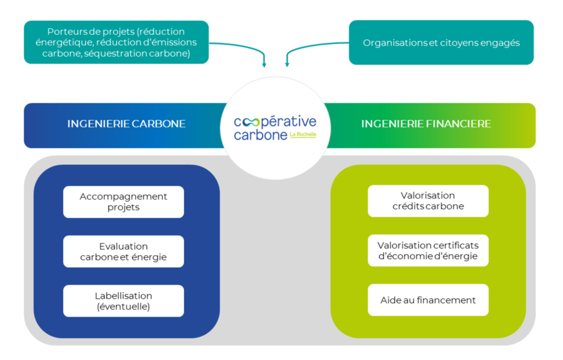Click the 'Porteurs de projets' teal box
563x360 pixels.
click(116, 42)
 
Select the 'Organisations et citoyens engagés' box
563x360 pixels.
click(441, 42)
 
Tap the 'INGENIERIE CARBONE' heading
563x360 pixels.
click(126, 124)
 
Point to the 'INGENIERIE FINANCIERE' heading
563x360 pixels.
click(426, 124)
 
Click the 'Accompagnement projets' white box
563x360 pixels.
click(123, 202)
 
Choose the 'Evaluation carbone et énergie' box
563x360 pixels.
click(123, 251)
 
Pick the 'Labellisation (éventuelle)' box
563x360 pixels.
click(123, 301)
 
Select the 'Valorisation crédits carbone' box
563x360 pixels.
click(428, 201)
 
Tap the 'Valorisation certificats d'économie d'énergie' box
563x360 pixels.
click(428, 251)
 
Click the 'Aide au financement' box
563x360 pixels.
click(428, 300)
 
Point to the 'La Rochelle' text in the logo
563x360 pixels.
click(302, 134)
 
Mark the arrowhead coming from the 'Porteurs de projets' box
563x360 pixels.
click(264, 65)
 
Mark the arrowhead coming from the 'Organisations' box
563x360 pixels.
click(286, 65)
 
